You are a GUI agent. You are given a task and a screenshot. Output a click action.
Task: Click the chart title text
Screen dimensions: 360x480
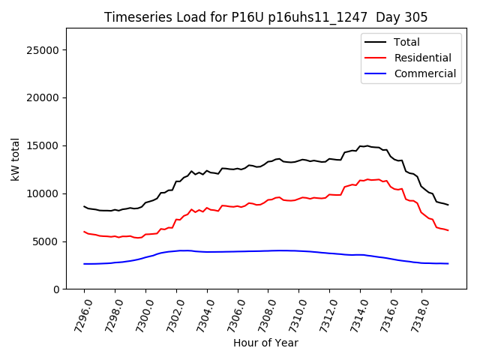pyautogui.click(x=265, y=17)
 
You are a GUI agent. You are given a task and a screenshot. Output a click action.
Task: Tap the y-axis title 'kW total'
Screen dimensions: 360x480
pyautogui.click(x=15, y=159)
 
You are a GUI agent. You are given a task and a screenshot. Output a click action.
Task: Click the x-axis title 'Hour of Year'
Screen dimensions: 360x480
pyautogui.click(x=265, y=343)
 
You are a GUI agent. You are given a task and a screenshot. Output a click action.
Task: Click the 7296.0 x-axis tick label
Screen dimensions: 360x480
pyautogui.click(x=77, y=312)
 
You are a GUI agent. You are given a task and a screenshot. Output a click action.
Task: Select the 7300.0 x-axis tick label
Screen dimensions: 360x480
pyautogui.click(x=139, y=312)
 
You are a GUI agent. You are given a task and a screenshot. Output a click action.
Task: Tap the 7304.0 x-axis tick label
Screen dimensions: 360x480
pyautogui.click(x=200, y=312)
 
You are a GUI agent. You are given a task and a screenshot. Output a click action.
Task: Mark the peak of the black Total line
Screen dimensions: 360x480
pyautogui.click(x=367, y=145)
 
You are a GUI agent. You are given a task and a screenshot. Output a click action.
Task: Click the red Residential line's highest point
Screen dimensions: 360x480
pyautogui.click(x=367, y=179)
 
